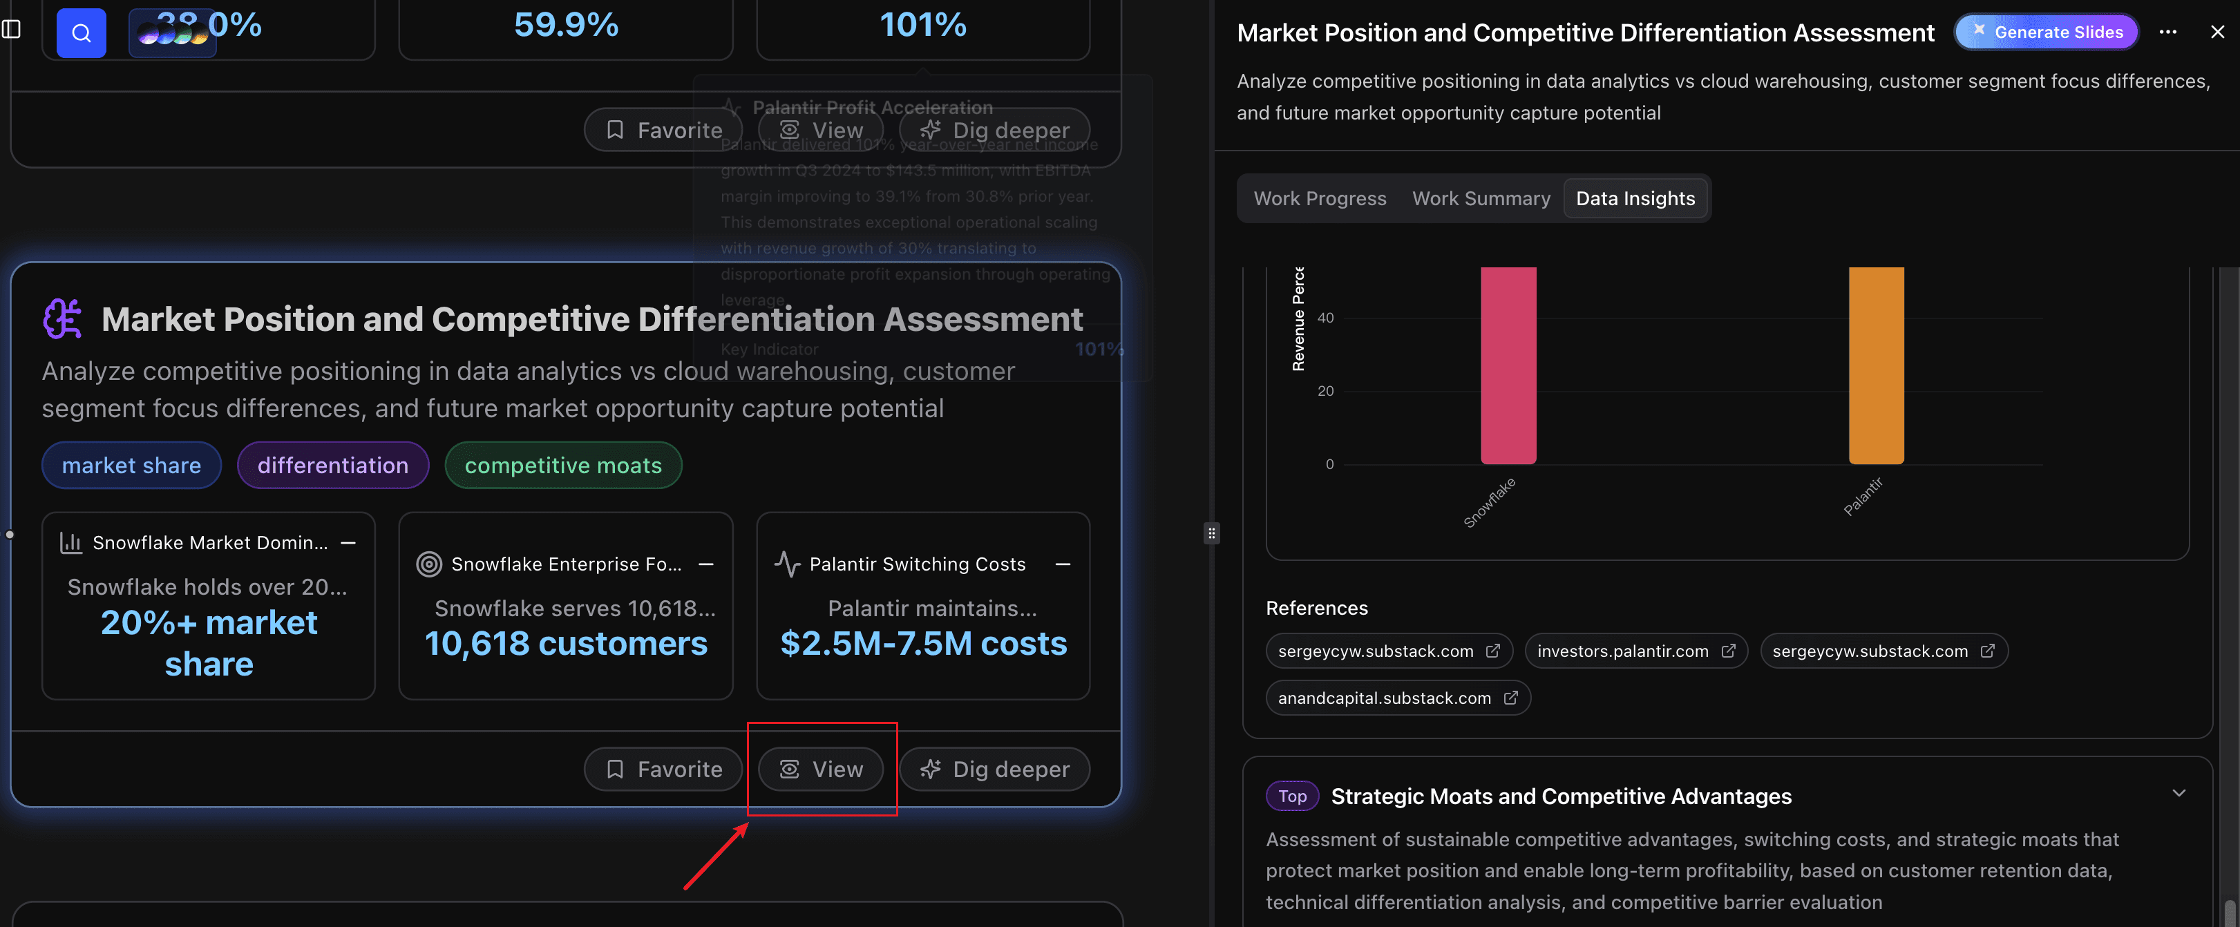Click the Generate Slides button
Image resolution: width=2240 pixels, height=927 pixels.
2047,32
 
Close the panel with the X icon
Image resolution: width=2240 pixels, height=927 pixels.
2217,32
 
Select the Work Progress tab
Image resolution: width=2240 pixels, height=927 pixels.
1319,198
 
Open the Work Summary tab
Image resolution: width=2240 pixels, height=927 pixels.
1481,198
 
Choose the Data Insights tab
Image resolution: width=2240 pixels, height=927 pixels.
1635,198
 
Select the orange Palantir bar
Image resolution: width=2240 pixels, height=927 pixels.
1876,365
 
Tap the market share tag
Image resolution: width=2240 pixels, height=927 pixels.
131,466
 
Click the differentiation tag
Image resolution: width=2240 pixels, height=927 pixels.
332,466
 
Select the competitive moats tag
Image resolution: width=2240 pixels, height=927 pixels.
562,466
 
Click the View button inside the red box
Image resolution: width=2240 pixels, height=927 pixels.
821,770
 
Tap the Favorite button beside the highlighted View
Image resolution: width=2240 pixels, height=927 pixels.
663,770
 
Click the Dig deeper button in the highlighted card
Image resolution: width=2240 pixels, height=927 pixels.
994,770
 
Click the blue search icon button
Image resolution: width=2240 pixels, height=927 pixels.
81,33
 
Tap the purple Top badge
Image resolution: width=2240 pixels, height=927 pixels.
1291,796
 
